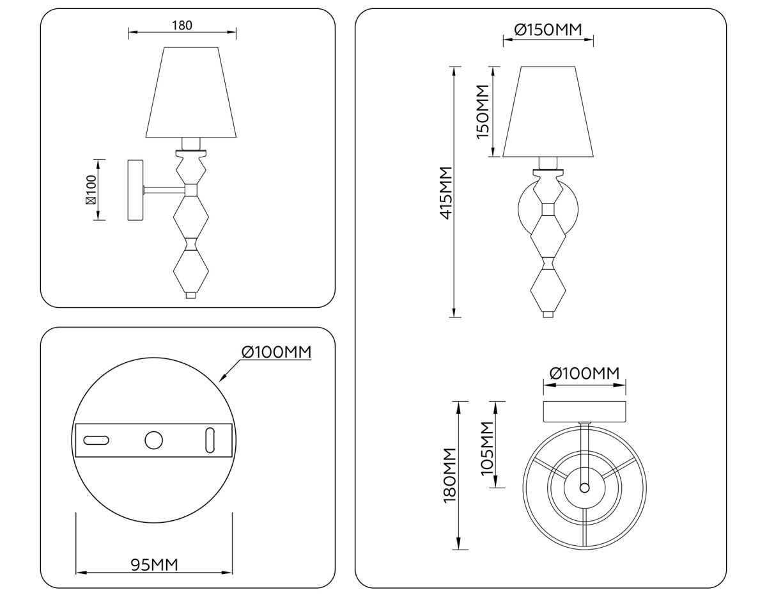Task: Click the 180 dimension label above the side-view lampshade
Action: pos(182,26)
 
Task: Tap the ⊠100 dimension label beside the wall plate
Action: pos(91,190)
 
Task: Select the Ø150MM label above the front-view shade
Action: pos(548,29)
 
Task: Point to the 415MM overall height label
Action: pos(445,192)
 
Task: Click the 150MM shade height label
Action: pos(482,111)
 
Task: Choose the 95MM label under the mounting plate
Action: pos(154,564)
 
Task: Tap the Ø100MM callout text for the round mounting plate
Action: pos(276,352)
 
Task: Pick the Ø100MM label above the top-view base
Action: pos(584,373)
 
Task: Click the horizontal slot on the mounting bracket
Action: pos(97,440)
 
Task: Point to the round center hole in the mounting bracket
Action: pos(153,440)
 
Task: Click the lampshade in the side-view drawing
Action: pos(192,93)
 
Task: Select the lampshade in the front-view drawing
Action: pos(548,112)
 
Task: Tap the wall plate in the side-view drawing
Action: pos(136,190)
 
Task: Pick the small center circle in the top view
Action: pos(584,488)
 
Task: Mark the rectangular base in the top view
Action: pos(584,411)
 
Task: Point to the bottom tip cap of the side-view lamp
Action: pos(191,295)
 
